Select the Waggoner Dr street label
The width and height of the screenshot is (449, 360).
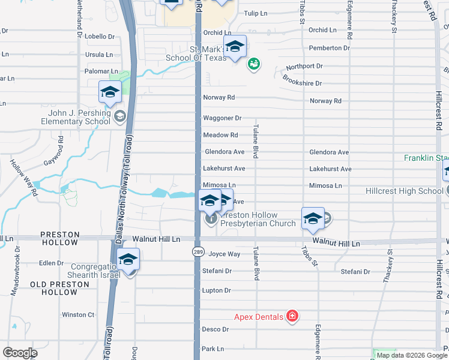pos(221,118)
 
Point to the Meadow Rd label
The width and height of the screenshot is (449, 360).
pos(220,135)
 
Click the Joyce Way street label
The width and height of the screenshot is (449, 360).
pos(224,254)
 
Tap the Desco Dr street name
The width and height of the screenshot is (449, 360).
pos(215,329)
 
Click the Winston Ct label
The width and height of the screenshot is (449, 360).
pos(78,314)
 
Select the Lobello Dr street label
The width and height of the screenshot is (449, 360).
pos(99,37)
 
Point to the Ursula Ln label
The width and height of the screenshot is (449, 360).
pos(99,54)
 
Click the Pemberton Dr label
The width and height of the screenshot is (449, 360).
pos(329,47)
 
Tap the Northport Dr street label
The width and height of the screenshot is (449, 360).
pos(304,65)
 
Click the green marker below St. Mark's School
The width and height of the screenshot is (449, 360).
pos(253,63)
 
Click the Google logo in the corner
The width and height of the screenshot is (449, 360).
pos(20,353)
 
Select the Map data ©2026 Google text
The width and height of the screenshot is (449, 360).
pos(411,355)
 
